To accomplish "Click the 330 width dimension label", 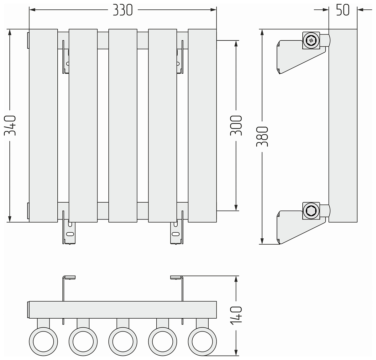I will (123, 10).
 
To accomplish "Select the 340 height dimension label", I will (10, 125).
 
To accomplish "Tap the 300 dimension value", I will (236, 125).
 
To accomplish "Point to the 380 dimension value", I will (262, 137).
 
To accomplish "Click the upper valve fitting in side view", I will (311, 40).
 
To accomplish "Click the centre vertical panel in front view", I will (123, 125).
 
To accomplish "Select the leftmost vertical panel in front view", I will (43, 125).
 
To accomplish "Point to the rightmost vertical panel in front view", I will (202, 125).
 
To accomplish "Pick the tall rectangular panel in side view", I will (343, 125).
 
